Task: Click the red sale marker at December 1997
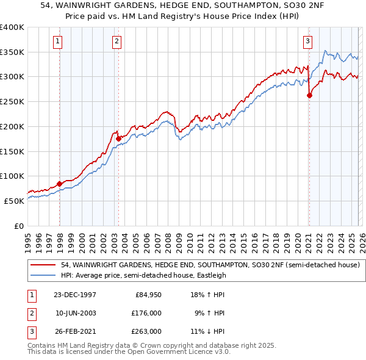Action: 59,183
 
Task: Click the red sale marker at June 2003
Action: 118,138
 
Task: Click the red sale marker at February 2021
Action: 309,95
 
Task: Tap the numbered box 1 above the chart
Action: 57,41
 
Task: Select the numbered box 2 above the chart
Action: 116,41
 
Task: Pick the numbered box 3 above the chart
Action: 307,41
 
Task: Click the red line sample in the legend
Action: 44,265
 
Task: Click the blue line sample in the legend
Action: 44,275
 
